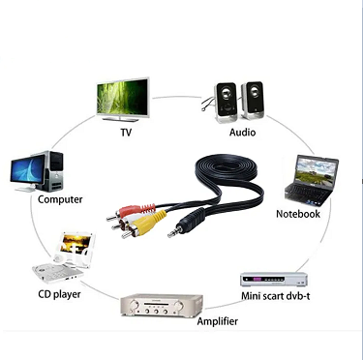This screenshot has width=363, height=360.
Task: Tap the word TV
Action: click(125, 132)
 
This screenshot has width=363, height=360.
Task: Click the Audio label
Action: click(242, 132)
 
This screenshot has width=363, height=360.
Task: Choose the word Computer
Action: click(59, 200)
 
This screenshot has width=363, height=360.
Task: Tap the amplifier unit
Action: click(160, 305)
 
